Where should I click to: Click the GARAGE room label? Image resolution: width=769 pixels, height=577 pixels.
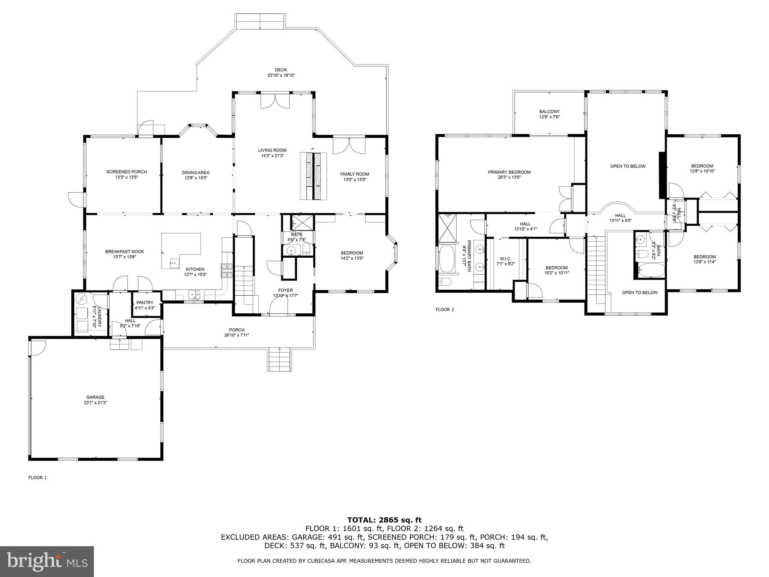tap(95, 397)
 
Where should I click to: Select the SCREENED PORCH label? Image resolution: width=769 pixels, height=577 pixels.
tap(127, 172)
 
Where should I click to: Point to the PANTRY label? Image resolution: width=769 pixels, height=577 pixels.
tap(145, 302)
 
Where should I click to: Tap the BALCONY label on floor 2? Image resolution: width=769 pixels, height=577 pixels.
tap(549, 112)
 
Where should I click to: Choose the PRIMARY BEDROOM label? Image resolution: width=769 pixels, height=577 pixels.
tap(509, 172)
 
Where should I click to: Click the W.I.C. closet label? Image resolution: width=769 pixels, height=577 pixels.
tap(505, 258)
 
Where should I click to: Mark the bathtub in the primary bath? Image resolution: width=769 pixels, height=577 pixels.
tap(446, 258)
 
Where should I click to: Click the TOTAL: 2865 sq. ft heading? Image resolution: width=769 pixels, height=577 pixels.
tap(384, 520)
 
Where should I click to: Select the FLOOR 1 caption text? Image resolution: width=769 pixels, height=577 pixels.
tap(38, 477)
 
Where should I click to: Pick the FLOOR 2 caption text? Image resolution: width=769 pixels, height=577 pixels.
tap(445, 310)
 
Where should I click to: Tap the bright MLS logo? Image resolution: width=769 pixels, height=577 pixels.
tap(47, 562)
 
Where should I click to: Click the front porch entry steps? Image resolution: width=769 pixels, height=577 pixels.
tap(280, 360)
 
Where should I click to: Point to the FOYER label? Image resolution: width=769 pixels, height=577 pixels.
tap(285, 290)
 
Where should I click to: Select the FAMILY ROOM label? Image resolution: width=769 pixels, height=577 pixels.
tap(354, 174)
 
